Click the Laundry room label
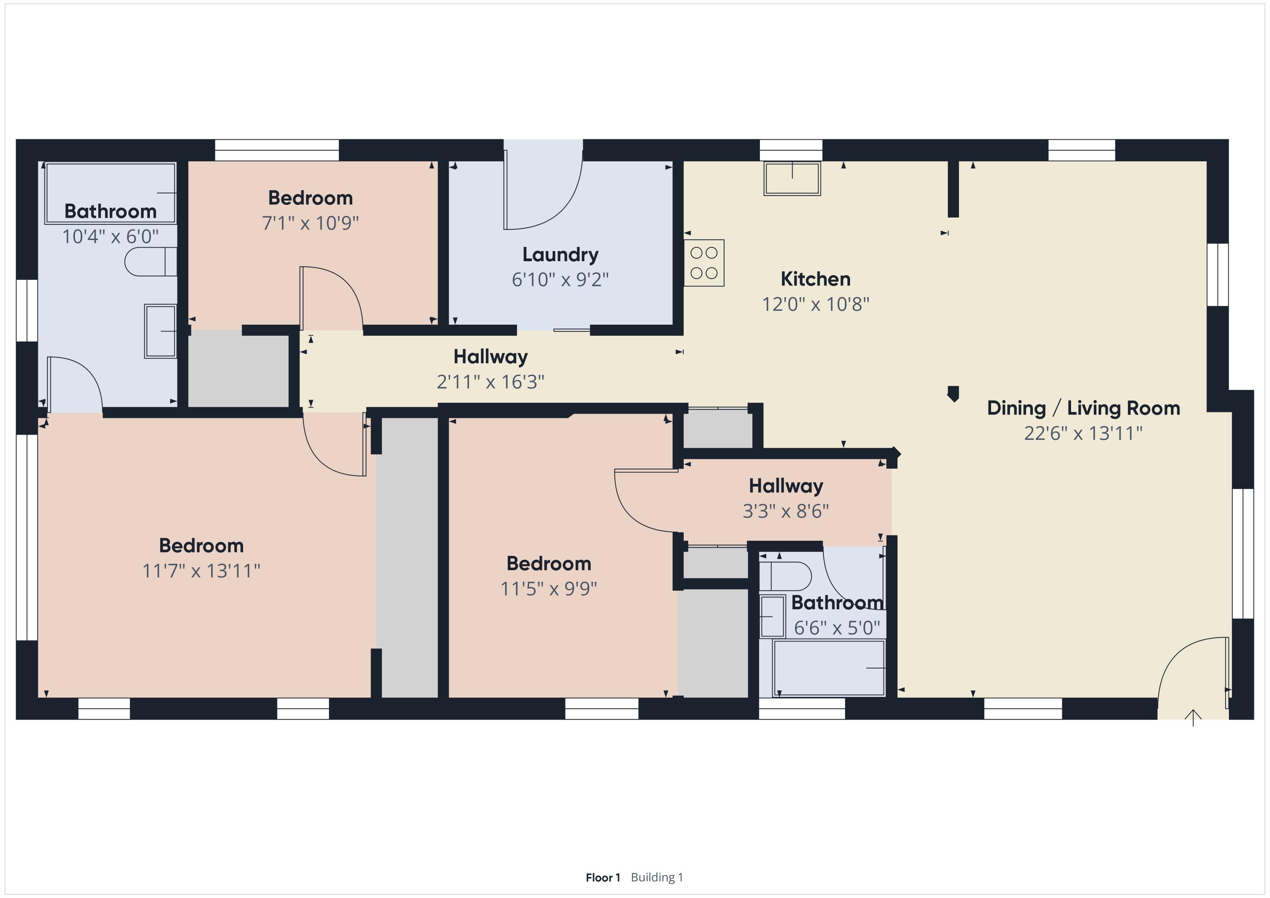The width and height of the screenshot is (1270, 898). [x=560, y=254]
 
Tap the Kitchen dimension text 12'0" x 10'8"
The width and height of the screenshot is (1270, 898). [x=815, y=304]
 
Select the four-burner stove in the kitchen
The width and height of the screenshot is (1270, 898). [x=704, y=263]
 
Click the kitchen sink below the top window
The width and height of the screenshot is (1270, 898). [x=792, y=178]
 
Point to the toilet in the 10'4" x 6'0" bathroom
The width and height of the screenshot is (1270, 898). [x=150, y=262]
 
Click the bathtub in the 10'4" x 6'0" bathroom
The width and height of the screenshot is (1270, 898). [x=110, y=193]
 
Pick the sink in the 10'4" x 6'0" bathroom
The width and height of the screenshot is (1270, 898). [x=160, y=331]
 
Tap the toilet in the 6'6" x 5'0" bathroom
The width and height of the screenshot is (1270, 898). [x=785, y=576]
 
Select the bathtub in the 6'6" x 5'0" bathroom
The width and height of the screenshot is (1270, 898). [x=828, y=668]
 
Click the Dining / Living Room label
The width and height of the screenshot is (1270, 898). [x=1083, y=408]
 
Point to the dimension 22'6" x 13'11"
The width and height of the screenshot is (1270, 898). [x=1083, y=433]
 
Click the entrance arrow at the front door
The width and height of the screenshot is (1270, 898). [x=1193, y=718]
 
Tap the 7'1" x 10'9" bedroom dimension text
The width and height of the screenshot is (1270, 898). [x=310, y=223]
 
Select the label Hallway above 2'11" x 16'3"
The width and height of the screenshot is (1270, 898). [x=491, y=357]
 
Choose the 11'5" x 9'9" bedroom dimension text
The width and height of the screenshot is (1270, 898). [x=549, y=588]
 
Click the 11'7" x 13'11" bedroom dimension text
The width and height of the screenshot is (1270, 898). [x=202, y=570]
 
